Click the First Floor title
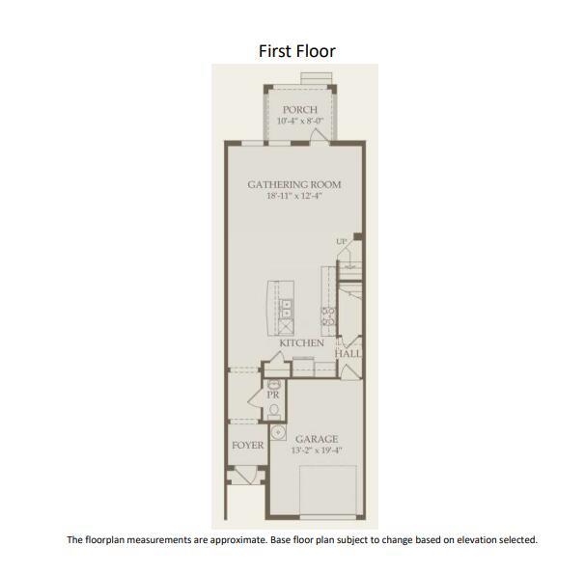[297, 51]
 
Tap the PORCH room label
[300, 110]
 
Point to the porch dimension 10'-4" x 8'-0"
[300, 121]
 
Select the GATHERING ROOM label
[294, 184]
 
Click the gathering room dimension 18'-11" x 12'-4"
[294, 196]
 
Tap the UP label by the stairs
[341, 242]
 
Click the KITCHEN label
[302, 342]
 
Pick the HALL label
[348, 353]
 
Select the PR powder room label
[273, 395]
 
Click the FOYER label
[248, 445]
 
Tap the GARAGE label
[317, 439]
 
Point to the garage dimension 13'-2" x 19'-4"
[317, 451]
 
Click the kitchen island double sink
[286, 310]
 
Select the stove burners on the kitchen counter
[328, 316]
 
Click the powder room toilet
[274, 411]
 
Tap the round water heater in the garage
[278, 432]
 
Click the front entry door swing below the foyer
[247, 476]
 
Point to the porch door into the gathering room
[319, 134]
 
